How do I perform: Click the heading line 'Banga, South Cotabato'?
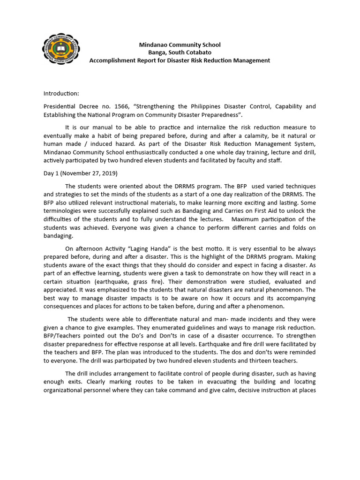[180, 52]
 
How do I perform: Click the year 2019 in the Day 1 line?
[109, 173]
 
